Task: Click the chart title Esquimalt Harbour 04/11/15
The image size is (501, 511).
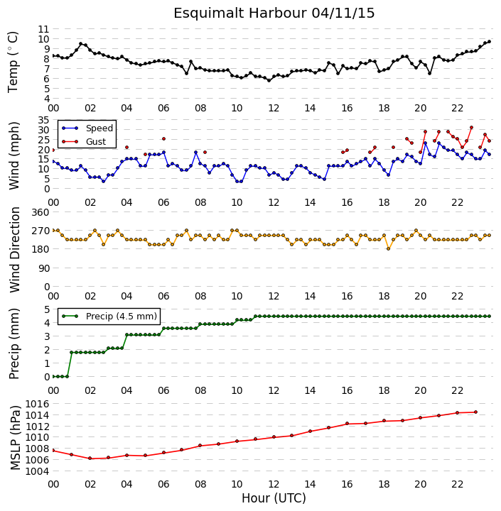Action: [x=274, y=13]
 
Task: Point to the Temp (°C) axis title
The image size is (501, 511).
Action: [x=13, y=62]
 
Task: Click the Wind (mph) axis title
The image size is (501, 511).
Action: [x=14, y=155]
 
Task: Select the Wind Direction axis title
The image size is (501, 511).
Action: [x=15, y=250]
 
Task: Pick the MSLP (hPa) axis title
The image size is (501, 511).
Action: [x=16, y=438]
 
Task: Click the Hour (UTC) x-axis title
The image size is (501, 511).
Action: [x=274, y=498]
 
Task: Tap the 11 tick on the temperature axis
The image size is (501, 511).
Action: [x=43, y=29]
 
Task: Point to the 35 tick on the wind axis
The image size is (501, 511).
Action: [x=43, y=120]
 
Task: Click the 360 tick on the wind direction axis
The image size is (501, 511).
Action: [x=41, y=212]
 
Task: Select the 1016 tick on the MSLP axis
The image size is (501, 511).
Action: [x=37, y=404]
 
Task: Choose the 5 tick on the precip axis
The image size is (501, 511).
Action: [x=46, y=309]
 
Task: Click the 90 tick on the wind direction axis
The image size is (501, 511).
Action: [x=43, y=268]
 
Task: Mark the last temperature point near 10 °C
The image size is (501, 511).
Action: [x=489, y=42]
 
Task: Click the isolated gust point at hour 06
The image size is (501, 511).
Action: [x=164, y=139]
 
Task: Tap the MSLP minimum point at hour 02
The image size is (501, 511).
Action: [x=90, y=458]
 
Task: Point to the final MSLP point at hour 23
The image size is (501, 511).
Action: [x=475, y=412]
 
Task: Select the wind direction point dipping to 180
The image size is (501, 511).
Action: [x=389, y=249]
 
